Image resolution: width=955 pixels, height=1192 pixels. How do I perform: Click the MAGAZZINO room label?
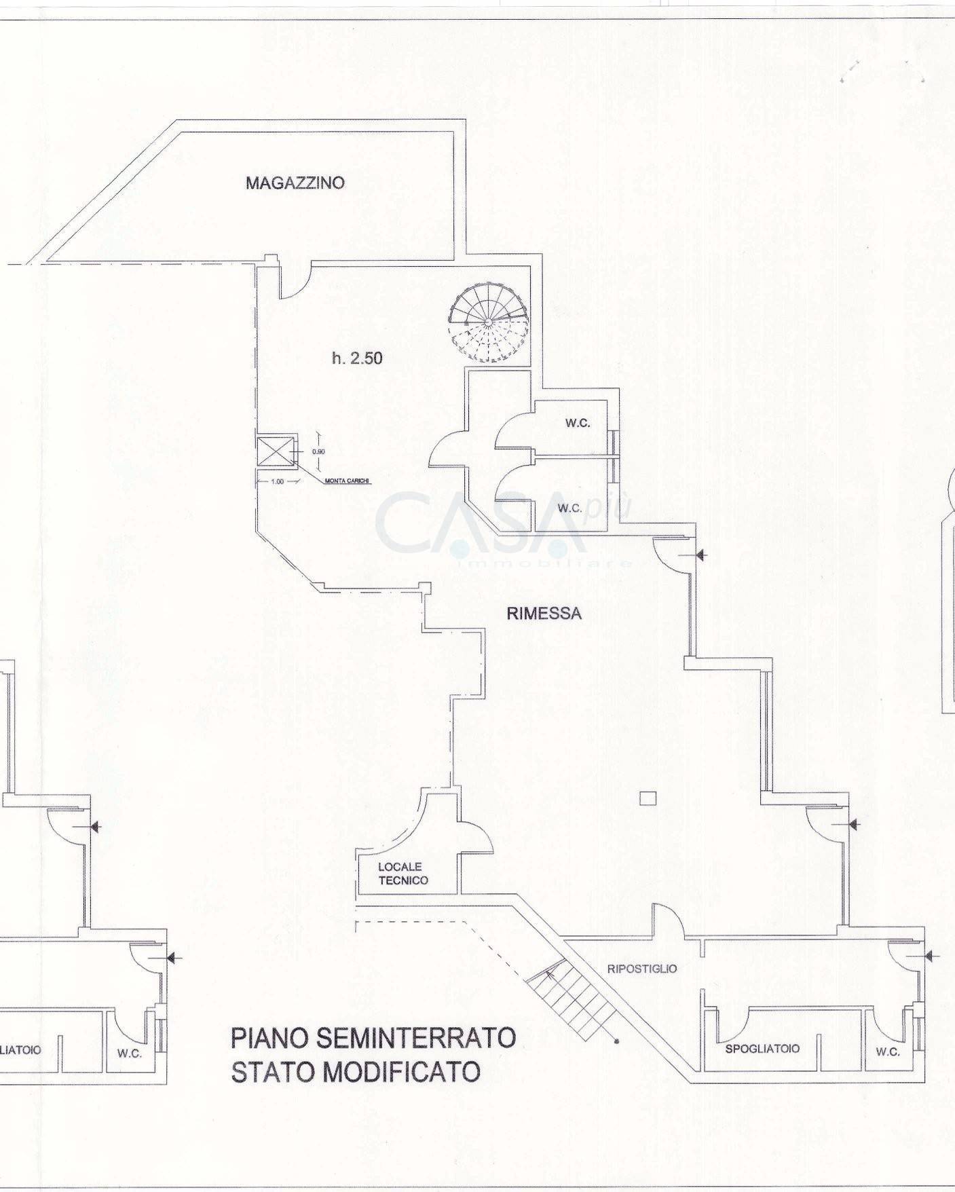pyautogui.click(x=295, y=183)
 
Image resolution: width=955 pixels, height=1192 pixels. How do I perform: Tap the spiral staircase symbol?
pyautogui.click(x=487, y=321)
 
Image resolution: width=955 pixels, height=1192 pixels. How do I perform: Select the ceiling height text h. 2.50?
pyautogui.click(x=357, y=358)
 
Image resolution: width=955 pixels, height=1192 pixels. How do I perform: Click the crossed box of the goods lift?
pyautogui.click(x=276, y=451)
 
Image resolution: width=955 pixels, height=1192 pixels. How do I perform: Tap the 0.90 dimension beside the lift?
pyautogui.click(x=317, y=451)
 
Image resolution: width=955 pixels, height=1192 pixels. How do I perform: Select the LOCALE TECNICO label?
pyautogui.click(x=403, y=874)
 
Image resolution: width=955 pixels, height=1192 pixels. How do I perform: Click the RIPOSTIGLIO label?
pyautogui.click(x=641, y=969)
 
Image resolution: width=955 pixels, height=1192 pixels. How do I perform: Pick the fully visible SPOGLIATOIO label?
pyautogui.click(x=762, y=1048)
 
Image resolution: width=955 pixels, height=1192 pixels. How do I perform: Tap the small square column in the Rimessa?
pyautogui.click(x=648, y=798)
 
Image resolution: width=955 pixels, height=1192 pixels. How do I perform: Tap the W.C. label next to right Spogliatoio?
pyautogui.click(x=888, y=1052)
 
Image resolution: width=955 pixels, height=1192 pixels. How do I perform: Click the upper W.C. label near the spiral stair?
pyautogui.click(x=578, y=423)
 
